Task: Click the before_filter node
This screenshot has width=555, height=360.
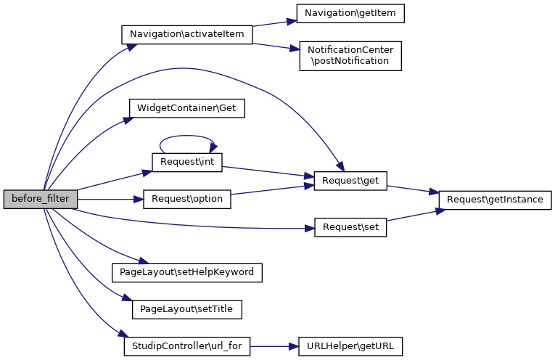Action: pos(40,199)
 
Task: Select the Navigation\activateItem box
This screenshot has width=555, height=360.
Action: pos(186,33)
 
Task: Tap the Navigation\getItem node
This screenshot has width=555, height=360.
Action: pos(350,13)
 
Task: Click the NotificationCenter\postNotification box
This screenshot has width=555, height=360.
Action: pos(350,55)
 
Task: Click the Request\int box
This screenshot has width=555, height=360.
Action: pos(186,162)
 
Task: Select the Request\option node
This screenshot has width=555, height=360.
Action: pos(186,199)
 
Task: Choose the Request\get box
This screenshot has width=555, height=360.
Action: pos(350,180)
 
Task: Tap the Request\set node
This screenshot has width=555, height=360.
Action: pos(350,227)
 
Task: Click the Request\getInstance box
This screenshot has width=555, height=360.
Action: pos(495,199)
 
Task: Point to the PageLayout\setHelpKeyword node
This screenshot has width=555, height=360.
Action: pos(186,273)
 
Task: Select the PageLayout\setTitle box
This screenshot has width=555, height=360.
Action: pos(186,309)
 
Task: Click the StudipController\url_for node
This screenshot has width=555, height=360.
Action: pos(186,347)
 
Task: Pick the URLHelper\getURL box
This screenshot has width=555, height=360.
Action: pos(350,347)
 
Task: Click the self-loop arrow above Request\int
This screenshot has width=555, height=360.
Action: pos(187,136)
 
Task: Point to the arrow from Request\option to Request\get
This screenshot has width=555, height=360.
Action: pos(272,189)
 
